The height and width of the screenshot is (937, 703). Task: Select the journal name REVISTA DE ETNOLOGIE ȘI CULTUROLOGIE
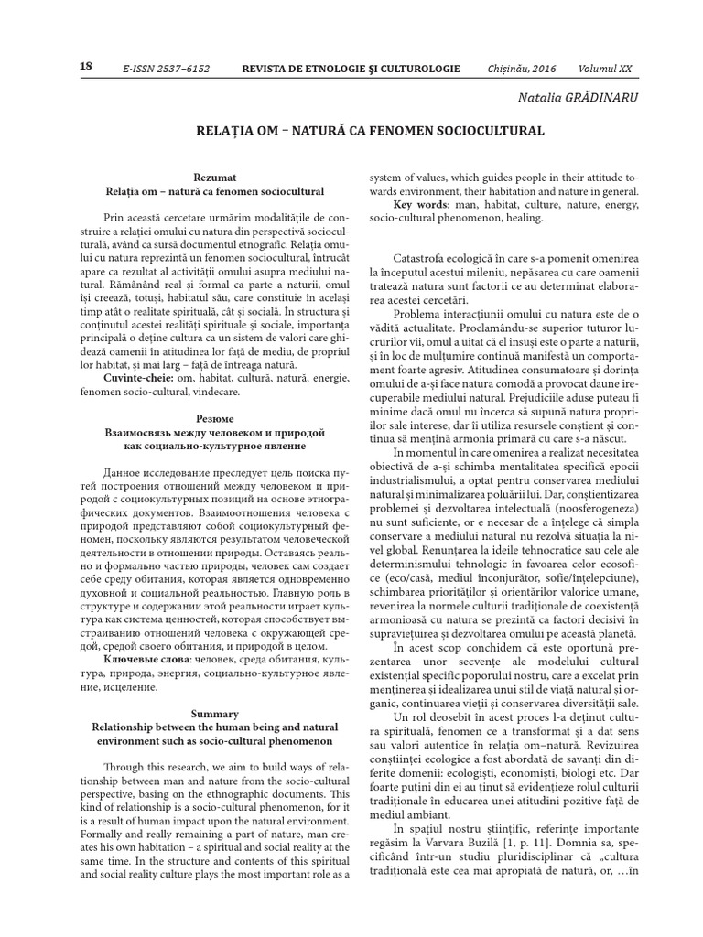[x=363, y=70]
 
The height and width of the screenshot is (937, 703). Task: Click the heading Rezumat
[x=214, y=176]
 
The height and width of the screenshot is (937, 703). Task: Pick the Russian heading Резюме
[x=214, y=415]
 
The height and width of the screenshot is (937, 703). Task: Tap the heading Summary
[x=214, y=712]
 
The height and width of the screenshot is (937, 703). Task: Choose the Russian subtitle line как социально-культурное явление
[x=214, y=446]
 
